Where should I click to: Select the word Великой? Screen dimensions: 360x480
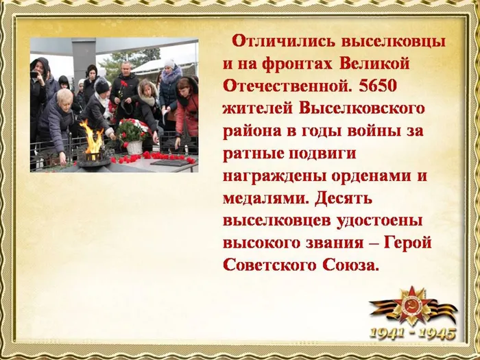pos(374,63)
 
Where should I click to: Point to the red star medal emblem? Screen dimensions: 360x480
pos(411,304)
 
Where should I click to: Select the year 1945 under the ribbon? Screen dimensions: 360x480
pos(437,334)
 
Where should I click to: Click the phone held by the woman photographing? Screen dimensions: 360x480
pos(35,74)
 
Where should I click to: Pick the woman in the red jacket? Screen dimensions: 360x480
pos(186,110)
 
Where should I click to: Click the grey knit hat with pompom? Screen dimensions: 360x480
pos(169,64)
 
